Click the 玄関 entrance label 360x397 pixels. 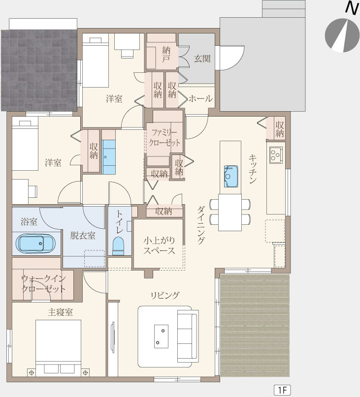point(202,59)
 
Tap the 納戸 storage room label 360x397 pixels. point(166,54)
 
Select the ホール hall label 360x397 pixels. point(200,98)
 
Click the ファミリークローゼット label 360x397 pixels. point(164,137)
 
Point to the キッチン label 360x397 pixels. point(253,169)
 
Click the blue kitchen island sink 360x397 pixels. point(231,176)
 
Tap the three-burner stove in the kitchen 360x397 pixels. point(276,154)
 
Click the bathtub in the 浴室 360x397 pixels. point(35,244)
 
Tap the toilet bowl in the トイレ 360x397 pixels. point(118,245)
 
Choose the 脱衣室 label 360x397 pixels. point(83,236)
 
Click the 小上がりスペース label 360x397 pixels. point(159,245)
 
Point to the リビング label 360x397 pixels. point(165,295)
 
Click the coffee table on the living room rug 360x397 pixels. point(161,336)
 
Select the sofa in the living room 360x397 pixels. point(188,336)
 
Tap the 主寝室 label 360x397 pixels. point(61,312)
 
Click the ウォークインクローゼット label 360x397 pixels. point(43,284)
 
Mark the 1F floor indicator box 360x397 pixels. point(282,390)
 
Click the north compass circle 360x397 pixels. point(342,35)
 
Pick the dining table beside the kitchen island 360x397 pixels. point(230,212)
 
